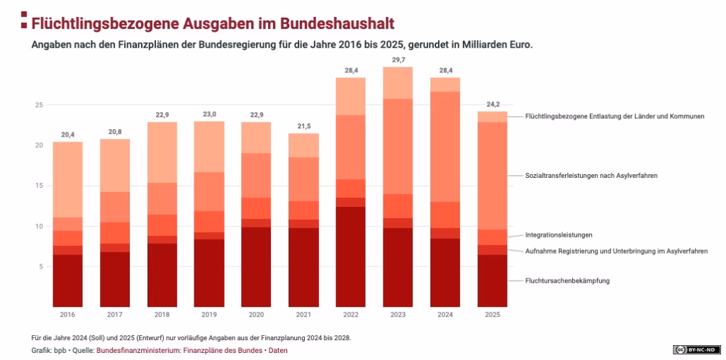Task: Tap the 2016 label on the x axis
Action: (x=67, y=314)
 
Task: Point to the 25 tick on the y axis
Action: (x=40, y=105)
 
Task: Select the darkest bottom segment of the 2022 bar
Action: (x=350, y=257)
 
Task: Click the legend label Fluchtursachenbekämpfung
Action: (x=567, y=281)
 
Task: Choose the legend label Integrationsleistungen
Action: (x=559, y=235)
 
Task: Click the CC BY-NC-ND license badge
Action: (x=696, y=349)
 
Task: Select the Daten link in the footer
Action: (x=278, y=350)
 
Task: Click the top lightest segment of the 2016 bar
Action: (x=67, y=179)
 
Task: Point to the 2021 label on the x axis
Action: (x=303, y=314)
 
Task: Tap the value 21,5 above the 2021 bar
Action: (x=303, y=126)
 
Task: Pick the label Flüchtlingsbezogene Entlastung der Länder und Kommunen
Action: (x=615, y=116)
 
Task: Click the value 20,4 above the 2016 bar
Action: (x=67, y=135)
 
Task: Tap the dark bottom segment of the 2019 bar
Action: (x=208, y=273)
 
